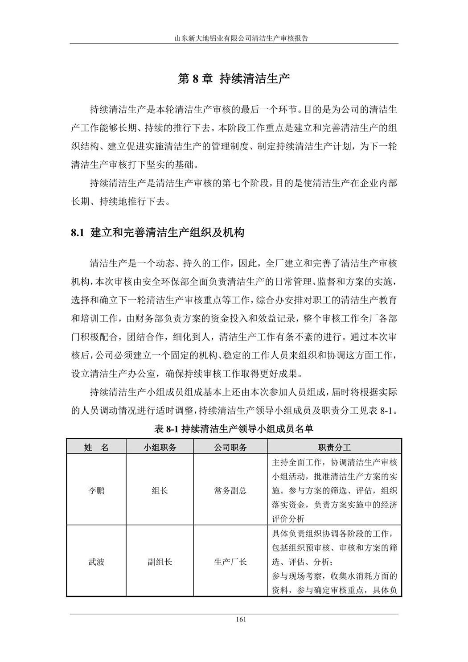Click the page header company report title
tap(234, 38)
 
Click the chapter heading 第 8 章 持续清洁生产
tap(234, 79)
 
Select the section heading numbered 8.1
tap(157, 232)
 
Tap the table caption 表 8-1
tap(234, 429)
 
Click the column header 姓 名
tap(96, 447)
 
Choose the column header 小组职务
tap(160, 447)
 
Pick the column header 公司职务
tap(230, 447)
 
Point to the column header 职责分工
tap(334, 447)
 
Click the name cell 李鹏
tap(96, 490)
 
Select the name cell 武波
tap(96, 562)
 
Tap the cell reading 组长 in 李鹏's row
tap(160, 490)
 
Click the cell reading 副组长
tap(160, 562)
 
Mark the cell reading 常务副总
tap(230, 490)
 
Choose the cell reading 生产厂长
tap(230, 562)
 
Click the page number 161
tap(234, 619)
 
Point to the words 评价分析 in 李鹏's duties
tap(288, 519)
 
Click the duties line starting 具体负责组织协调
tap(334, 534)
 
